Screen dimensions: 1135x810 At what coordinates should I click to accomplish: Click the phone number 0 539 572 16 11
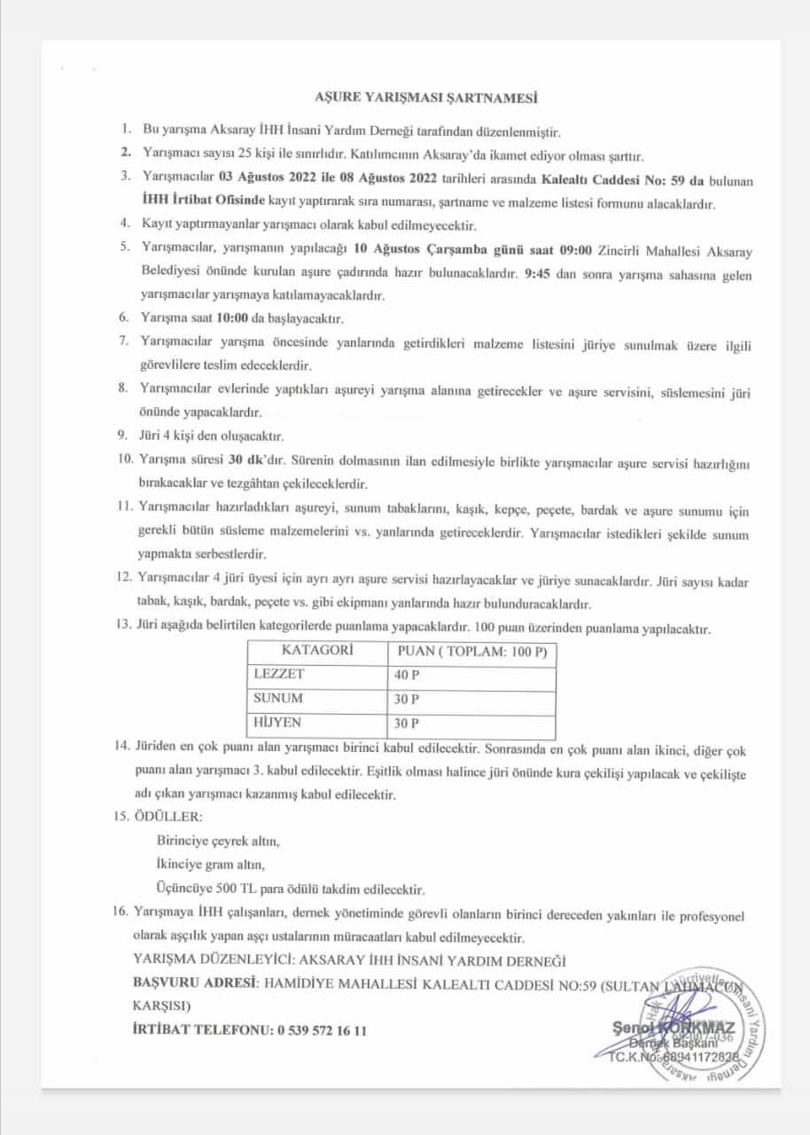pos(322,1029)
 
